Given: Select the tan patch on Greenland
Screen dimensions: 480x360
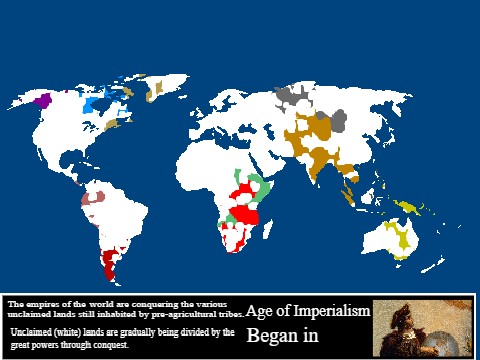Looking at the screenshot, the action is [x=155, y=89].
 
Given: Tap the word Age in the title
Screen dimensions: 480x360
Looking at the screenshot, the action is [x=259, y=311].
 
